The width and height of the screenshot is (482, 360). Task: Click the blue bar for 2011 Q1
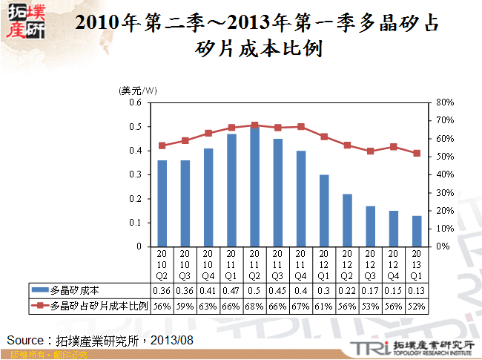pyautogui.click(x=231, y=190)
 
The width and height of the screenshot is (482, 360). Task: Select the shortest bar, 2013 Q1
pyautogui.click(x=417, y=231)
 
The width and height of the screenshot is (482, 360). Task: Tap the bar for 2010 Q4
pyautogui.click(x=208, y=197)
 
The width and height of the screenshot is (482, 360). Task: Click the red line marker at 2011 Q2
pyautogui.click(x=254, y=125)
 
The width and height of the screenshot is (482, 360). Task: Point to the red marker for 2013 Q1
pyautogui.click(x=417, y=154)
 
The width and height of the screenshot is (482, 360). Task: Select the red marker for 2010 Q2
pyautogui.click(x=162, y=145)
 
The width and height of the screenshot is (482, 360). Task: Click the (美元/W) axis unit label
pyautogui.click(x=138, y=90)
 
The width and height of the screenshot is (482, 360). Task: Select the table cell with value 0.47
pyautogui.click(x=231, y=289)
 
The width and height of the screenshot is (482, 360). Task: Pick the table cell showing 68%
pyautogui.click(x=254, y=305)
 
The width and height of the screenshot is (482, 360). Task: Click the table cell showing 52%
pyautogui.click(x=417, y=305)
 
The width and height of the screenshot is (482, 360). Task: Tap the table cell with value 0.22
pyautogui.click(x=347, y=289)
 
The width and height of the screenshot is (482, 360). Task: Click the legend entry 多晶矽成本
pyautogui.click(x=70, y=289)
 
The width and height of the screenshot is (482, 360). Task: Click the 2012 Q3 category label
pyautogui.click(x=370, y=264)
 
